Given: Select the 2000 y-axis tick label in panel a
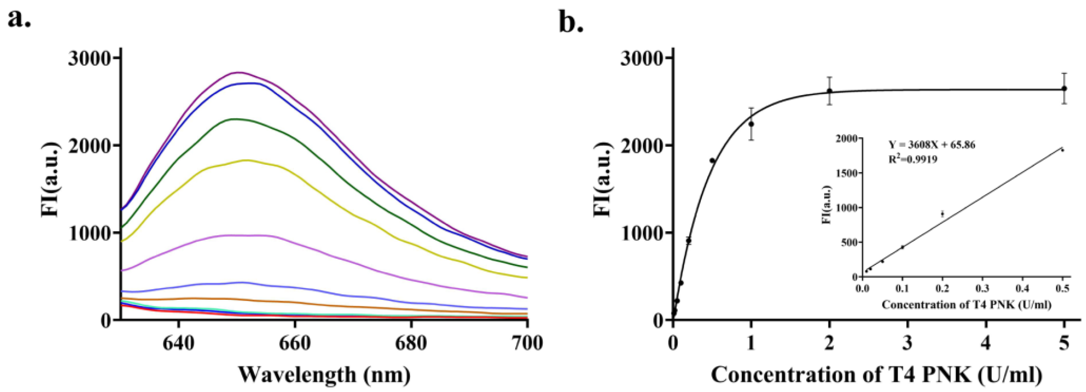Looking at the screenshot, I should tap(88, 145).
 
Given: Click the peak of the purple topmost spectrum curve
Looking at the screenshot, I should tap(239, 73).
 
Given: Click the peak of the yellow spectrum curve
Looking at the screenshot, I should tap(246, 160).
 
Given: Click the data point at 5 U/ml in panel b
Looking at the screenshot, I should tap(1064, 88).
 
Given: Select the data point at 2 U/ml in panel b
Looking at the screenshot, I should tap(829, 91).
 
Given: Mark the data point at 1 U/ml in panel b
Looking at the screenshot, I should tap(751, 124).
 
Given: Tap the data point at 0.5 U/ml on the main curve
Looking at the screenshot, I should tap(712, 161).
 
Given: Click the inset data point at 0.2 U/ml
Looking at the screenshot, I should tap(942, 214).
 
